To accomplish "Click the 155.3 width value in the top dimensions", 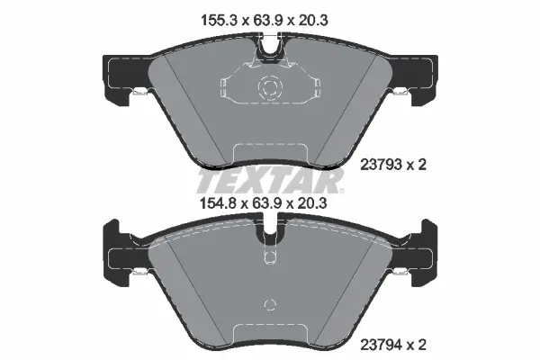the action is [x=220, y=21].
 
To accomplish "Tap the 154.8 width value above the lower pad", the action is [x=219, y=203].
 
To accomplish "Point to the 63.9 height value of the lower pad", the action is [x=267, y=203].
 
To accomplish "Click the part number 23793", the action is [x=381, y=165].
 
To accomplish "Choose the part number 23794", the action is [x=381, y=345].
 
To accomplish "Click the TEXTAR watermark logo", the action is [x=270, y=181].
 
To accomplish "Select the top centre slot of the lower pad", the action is [x=270, y=230].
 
